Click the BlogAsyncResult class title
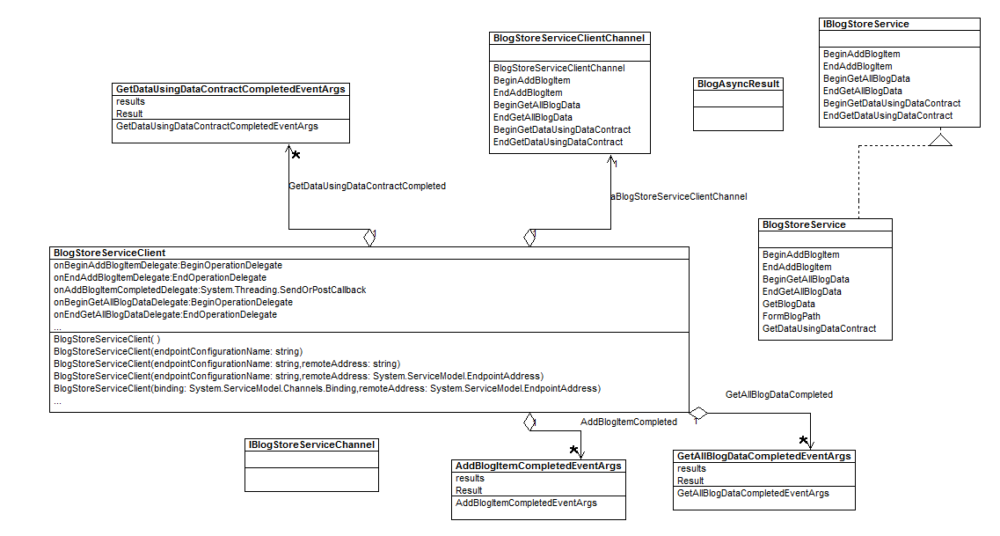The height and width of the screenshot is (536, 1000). coord(738,84)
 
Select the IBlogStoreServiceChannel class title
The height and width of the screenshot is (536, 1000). coord(311,445)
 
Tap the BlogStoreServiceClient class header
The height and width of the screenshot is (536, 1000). coord(109,253)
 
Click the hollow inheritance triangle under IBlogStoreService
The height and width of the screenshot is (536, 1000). coord(941,138)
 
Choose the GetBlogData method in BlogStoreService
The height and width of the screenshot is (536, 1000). coord(788,304)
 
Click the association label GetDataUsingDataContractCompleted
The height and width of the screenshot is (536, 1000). coord(367,187)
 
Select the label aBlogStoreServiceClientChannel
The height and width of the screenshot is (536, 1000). coord(679,196)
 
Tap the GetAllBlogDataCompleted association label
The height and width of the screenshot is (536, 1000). coord(778,395)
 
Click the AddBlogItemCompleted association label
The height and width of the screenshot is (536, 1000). coord(628,422)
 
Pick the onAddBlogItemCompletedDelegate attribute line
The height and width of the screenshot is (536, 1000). coord(209,290)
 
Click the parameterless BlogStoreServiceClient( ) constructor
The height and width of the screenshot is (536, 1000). coord(106,339)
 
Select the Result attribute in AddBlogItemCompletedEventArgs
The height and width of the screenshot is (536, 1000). coord(469,491)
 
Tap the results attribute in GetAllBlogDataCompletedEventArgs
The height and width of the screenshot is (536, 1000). coord(692,469)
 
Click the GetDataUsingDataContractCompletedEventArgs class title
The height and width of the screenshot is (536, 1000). coord(231,89)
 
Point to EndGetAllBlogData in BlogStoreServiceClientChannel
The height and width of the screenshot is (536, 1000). coord(532,117)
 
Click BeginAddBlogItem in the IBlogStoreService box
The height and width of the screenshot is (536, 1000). coord(861,55)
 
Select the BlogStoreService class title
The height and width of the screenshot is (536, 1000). coord(804,225)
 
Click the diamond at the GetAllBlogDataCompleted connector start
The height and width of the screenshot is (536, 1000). coord(698,413)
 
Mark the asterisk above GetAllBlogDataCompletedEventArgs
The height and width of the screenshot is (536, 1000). coord(803,439)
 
